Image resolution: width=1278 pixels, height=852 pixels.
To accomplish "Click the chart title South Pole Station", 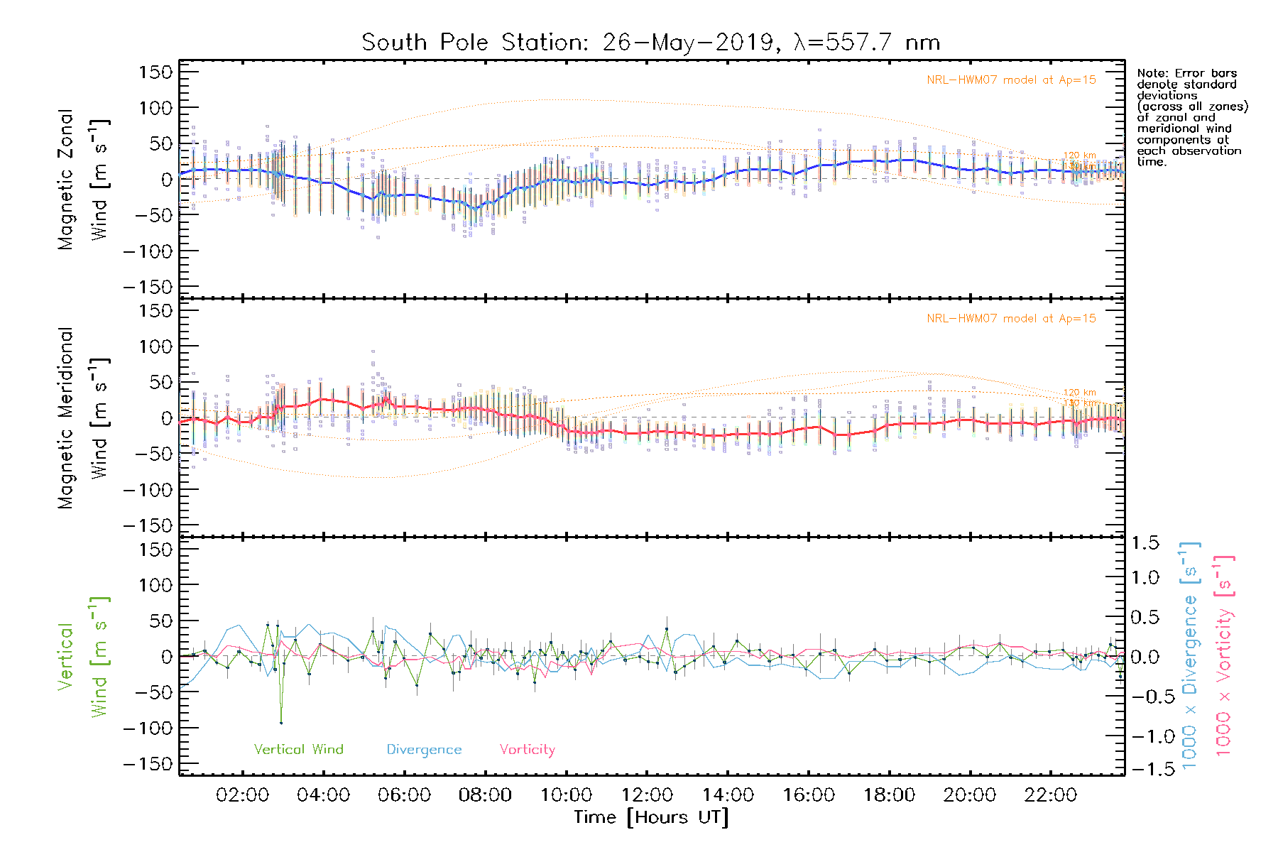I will [650, 43].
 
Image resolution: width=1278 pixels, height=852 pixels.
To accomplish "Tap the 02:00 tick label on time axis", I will [242, 795].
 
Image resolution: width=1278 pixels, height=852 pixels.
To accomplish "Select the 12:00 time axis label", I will [647, 795].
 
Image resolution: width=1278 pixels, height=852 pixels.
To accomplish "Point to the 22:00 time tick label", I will [1051, 795].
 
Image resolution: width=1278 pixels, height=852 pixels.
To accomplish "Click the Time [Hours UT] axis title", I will [651, 817].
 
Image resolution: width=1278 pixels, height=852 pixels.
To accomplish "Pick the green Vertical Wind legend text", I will [298, 749].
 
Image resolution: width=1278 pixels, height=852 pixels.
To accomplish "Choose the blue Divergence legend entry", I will [424, 750].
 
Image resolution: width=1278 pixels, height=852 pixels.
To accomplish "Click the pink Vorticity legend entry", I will [527, 750].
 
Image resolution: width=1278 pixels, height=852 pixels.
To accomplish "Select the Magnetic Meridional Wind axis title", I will [82, 418].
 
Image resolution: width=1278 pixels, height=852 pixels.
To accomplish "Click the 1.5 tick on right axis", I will [1145, 543].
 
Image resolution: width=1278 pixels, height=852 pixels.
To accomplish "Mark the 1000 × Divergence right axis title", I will [1190, 655].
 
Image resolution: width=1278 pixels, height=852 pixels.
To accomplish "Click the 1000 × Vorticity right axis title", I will [1224, 655].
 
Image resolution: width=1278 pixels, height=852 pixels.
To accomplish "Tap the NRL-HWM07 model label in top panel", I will [1011, 80].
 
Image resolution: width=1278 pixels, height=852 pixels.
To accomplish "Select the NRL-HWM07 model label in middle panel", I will [1011, 319].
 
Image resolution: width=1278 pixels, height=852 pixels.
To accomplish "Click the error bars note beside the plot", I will [1191, 117].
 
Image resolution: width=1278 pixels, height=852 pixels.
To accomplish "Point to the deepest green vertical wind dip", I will [281, 722].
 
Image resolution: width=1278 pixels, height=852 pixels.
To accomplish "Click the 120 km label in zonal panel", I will [1079, 155].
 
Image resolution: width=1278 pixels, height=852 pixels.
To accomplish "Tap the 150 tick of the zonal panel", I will [155, 72].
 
